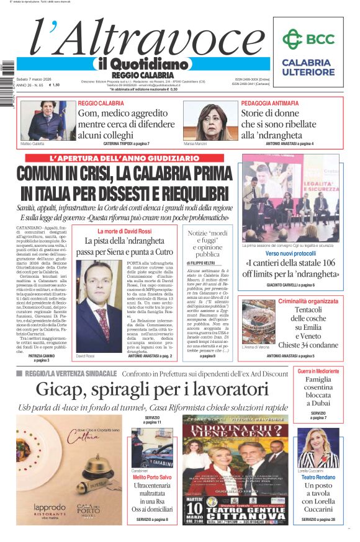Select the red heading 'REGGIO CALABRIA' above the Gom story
click(101, 103)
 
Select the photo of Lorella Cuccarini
click(318, 447)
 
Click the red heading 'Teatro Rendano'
click(318, 478)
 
